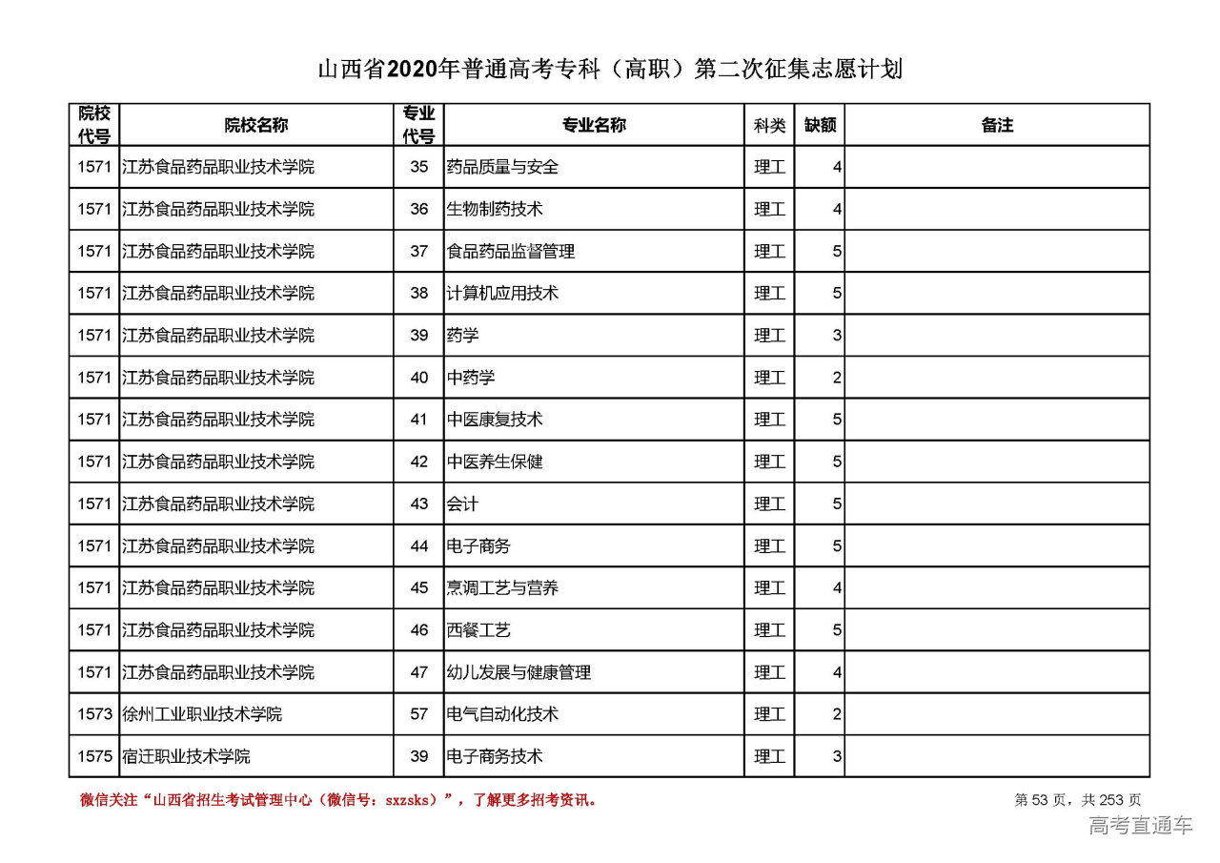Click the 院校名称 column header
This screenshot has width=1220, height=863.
(256, 125)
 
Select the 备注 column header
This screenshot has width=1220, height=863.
(997, 125)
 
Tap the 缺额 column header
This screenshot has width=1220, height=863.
(820, 125)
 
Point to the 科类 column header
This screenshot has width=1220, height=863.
(769, 125)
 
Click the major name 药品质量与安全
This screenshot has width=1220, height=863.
(502, 167)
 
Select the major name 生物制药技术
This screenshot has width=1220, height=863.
(495, 209)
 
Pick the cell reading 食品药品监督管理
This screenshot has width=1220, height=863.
(511, 252)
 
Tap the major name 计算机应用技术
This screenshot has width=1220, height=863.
(502, 294)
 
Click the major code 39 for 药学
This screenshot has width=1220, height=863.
(419, 336)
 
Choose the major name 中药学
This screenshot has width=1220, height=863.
(471, 378)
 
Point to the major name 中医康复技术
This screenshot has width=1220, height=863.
(495, 420)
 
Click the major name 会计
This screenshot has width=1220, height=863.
(462, 503)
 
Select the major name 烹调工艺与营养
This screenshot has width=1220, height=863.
(502, 588)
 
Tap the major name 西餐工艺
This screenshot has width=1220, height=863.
(478, 630)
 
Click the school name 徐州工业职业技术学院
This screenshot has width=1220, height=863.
(202, 714)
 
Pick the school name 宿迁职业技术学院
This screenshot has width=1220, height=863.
(186, 756)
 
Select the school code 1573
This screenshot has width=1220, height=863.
(94, 714)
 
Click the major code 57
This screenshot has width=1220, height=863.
(419, 714)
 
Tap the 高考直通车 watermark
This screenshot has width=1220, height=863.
(1140, 826)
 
